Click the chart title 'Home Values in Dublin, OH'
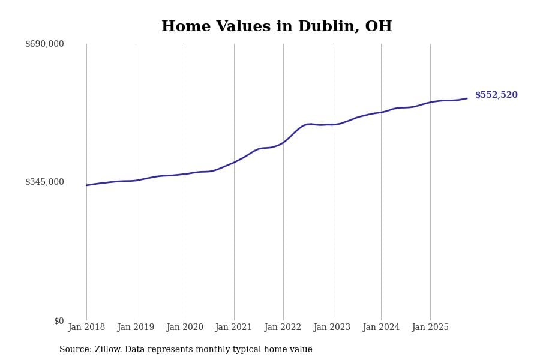(277, 27)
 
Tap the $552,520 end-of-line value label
(496, 95)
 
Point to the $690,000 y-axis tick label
(44, 44)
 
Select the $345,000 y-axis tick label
(44, 182)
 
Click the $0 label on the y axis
(59, 321)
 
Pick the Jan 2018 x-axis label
(86, 328)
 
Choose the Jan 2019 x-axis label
(136, 328)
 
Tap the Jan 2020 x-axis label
(185, 328)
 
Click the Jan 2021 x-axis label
(234, 328)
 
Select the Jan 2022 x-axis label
(283, 328)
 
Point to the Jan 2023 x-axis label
(332, 328)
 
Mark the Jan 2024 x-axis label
(381, 328)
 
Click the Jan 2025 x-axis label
(430, 328)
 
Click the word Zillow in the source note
(109, 350)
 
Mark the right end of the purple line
(467, 98)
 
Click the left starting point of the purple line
(86, 185)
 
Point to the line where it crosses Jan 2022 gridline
(283, 142)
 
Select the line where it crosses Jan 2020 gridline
(185, 174)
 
